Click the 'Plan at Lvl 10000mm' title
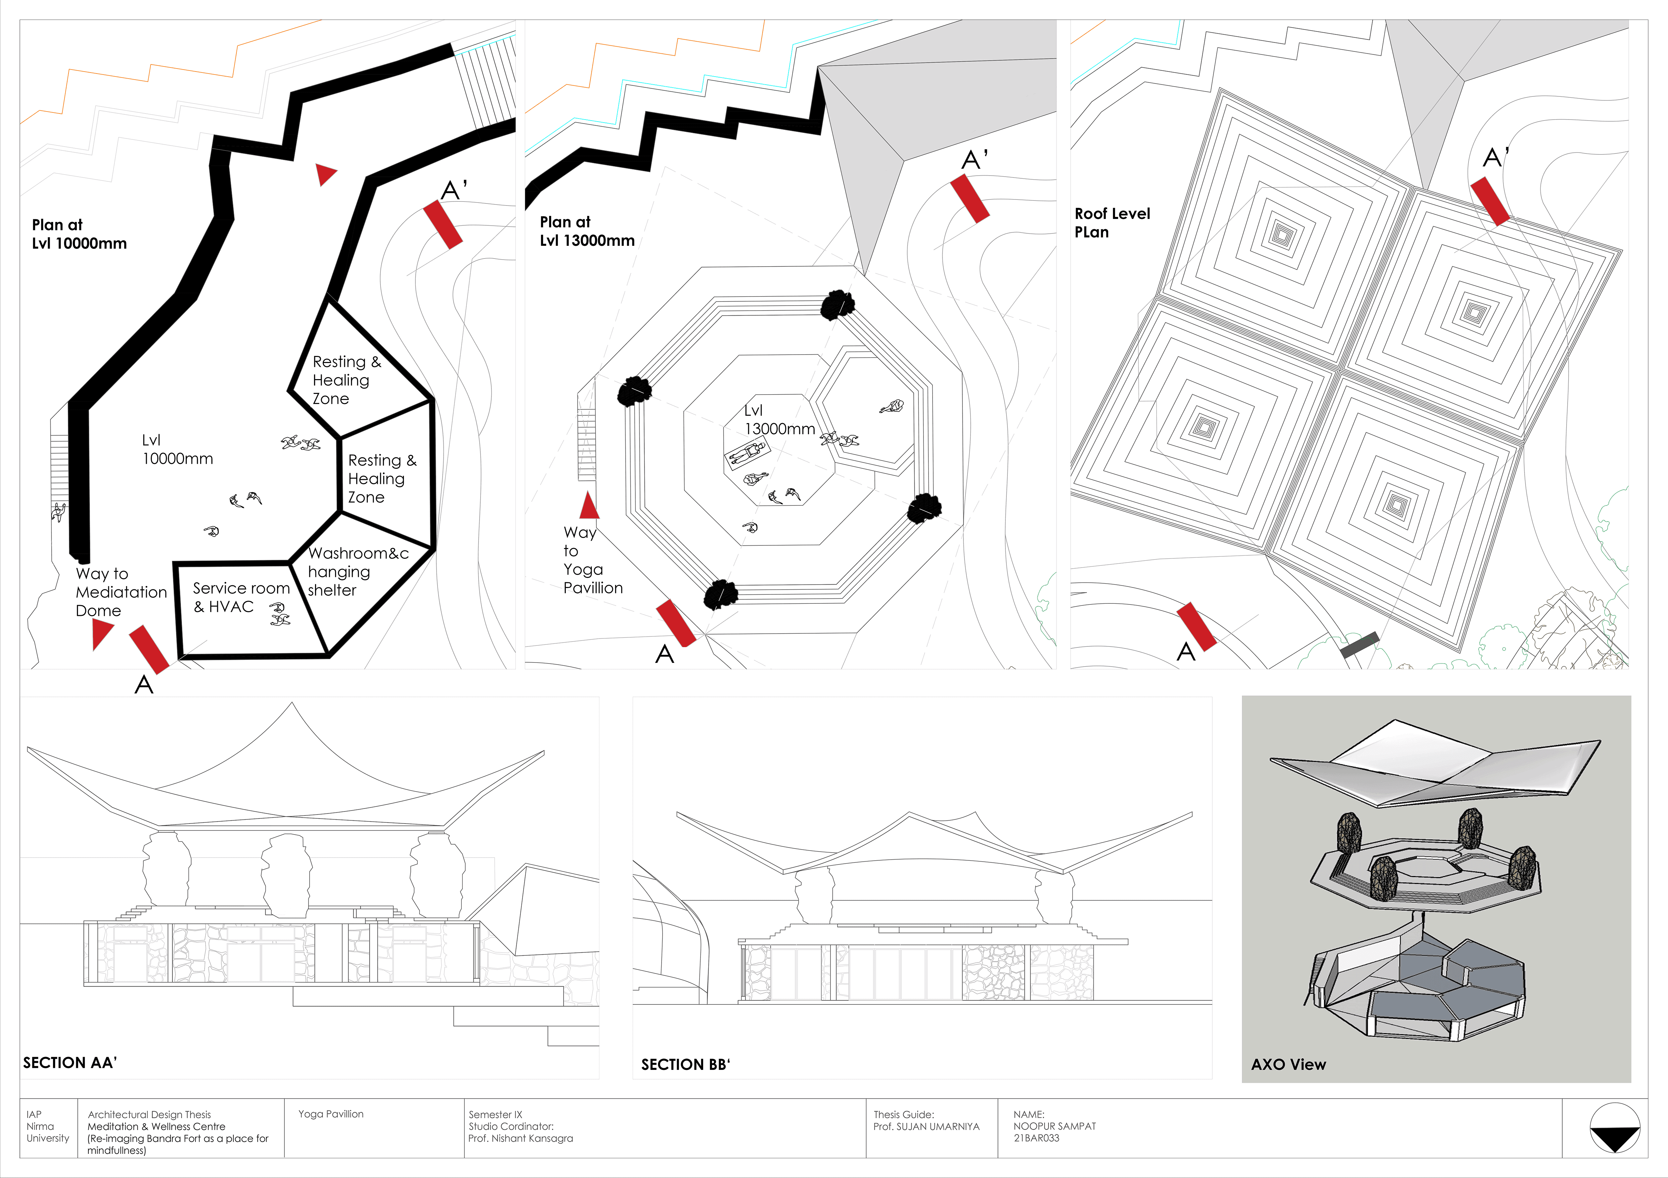point(79,234)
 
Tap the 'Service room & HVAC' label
point(240,597)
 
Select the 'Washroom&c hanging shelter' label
point(357,572)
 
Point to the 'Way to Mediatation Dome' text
point(121,592)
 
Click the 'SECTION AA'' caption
point(70,1062)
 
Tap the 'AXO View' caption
point(1288,1065)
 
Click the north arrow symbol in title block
point(1614,1128)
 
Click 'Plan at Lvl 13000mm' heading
point(587,231)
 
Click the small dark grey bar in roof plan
point(1359,644)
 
